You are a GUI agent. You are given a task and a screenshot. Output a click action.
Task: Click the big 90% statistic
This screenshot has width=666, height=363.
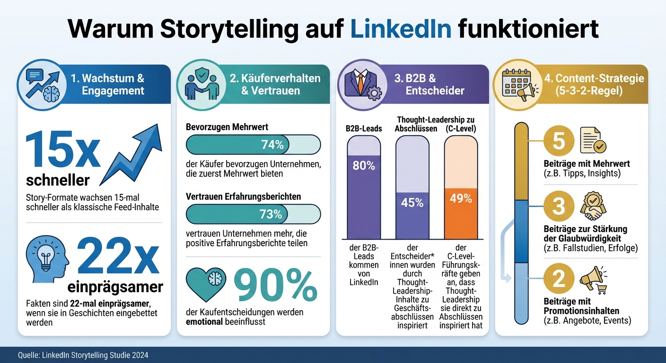point(275,286)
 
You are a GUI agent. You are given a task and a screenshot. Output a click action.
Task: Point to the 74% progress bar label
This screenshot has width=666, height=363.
point(272,145)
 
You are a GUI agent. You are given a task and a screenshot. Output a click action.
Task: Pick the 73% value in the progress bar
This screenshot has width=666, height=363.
point(271,214)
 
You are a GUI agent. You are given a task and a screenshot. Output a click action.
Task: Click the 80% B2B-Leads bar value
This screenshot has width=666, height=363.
point(363,166)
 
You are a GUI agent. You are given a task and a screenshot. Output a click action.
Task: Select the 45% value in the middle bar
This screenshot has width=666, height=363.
point(412,202)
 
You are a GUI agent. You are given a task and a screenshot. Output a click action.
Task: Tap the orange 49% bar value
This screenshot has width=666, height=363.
point(460,199)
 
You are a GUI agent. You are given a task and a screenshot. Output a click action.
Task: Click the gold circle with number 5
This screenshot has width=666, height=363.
point(559,141)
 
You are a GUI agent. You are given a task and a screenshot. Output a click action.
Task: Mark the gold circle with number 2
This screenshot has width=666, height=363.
point(559,279)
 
